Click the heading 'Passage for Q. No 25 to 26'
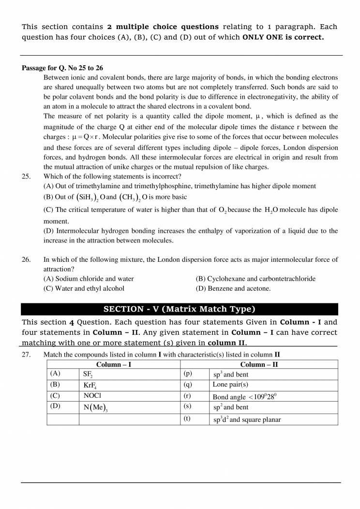(62, 68)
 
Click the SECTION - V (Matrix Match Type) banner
(180, 309)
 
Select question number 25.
(26, 177)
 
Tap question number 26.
(26, 260)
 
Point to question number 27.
(26, 355)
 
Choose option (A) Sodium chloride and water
(89, 279)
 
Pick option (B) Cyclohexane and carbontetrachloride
(255, 279)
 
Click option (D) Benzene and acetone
(233, 288)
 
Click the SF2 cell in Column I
(88, 374)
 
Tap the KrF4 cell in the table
(90, 386)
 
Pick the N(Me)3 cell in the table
(95, 407)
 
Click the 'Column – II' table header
(259, 364)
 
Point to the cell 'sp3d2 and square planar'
(247, 419)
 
